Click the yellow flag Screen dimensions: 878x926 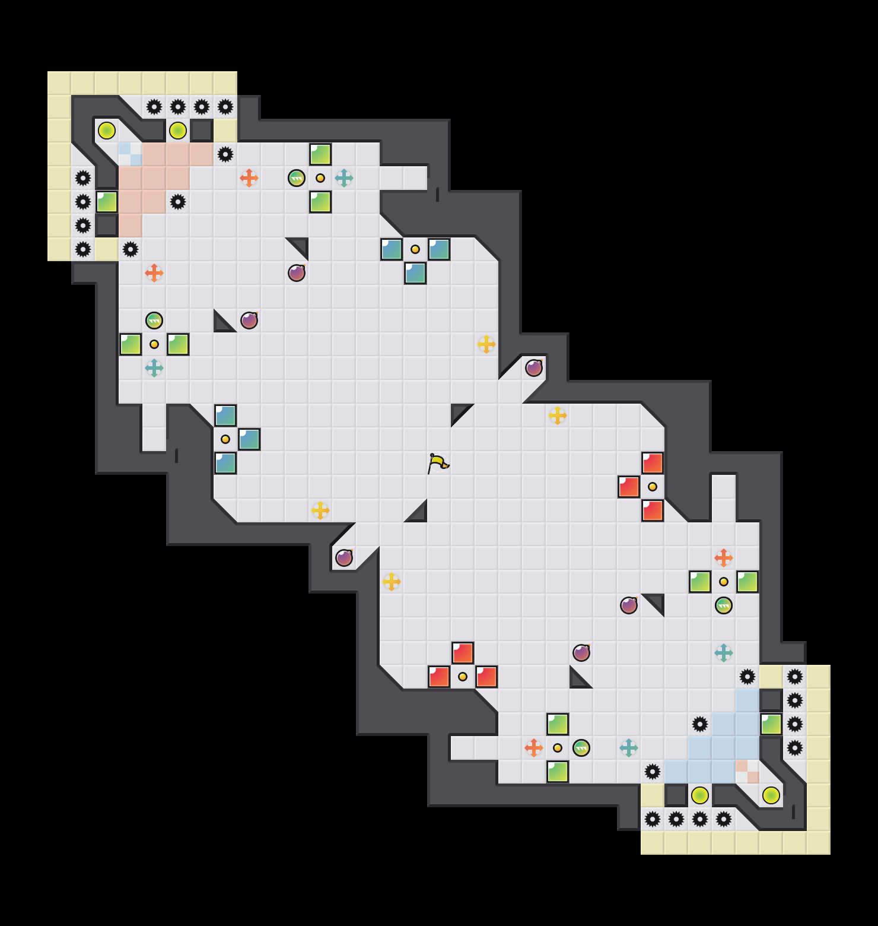438,463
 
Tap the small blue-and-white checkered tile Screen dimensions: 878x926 131,154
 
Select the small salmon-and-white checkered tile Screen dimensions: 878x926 747,772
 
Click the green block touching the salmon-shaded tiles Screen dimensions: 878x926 107,202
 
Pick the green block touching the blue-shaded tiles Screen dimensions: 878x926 771,724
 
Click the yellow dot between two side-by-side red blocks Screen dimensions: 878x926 463,677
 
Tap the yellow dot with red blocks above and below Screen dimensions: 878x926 653,487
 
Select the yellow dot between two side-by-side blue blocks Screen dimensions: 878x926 415,249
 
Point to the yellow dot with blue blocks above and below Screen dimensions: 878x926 225,439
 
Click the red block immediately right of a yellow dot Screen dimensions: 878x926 486,677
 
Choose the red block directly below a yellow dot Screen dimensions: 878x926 653,510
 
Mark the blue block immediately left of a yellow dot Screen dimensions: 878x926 392,249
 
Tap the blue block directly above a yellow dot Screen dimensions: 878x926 225,416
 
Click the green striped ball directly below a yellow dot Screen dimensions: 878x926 724,605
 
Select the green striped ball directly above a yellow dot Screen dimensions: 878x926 154,321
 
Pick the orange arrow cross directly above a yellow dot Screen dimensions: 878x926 724,558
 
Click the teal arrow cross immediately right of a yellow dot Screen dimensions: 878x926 344,178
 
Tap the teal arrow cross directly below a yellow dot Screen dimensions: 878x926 154,368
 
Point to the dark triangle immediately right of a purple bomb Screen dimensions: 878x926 653,605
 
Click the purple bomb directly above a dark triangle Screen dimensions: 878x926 581,653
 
